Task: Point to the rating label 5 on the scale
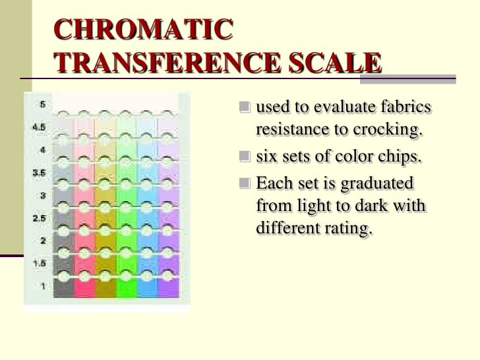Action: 42,104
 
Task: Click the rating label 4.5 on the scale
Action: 39,127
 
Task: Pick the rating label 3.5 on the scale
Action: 39,173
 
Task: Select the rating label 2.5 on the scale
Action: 39,218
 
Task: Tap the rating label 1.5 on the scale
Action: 39,263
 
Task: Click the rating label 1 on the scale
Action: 42,285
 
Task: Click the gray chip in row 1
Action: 64,287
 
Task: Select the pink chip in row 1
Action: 84,287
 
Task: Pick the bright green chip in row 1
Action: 125,287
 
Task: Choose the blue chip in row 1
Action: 146,287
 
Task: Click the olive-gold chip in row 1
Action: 105,287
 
